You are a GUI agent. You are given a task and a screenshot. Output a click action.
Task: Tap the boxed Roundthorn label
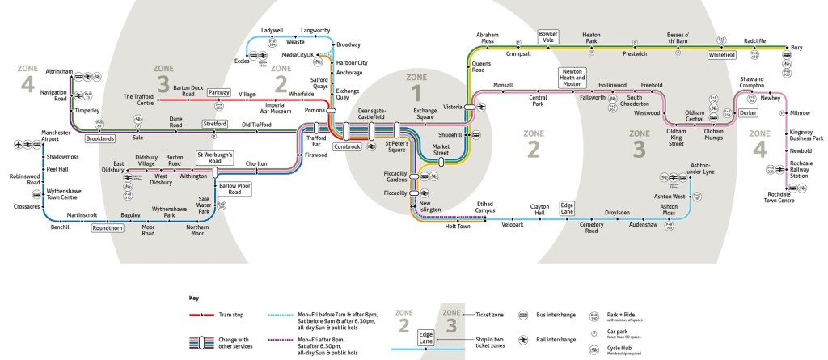(107, 228)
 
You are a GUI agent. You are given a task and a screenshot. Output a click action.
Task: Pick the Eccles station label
(241, 60)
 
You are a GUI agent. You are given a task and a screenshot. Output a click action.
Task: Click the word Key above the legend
(192, 298)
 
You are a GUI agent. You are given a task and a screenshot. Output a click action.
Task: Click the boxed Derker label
(747, 114)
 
